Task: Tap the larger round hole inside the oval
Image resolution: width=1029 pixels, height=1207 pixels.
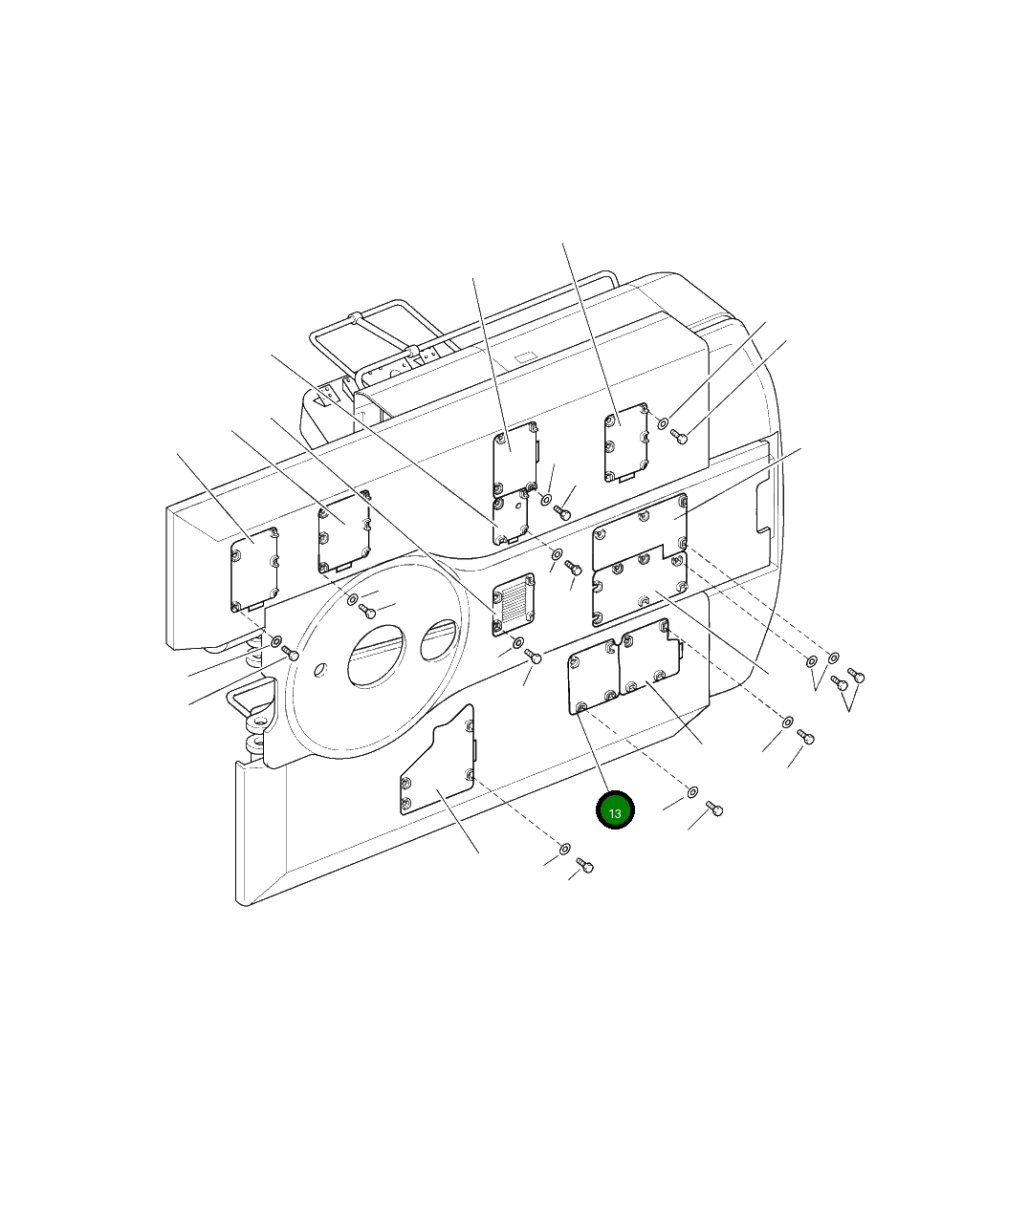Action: click(x=376, y=656)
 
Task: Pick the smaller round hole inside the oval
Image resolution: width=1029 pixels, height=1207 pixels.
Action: click(x=439, y=640)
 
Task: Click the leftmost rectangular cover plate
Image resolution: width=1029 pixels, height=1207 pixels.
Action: click(x=254, y=570)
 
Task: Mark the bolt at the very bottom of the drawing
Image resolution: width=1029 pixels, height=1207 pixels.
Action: click(x=584, y=866)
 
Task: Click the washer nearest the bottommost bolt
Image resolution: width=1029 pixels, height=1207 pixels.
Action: click(x=565, y=849)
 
